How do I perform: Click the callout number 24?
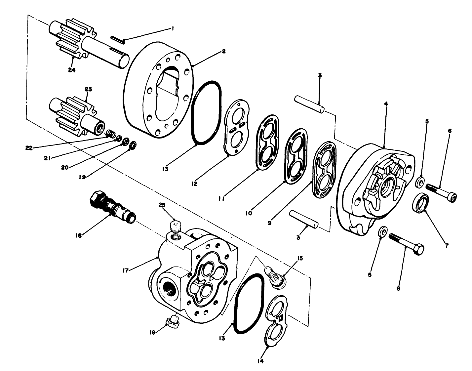[72, 70]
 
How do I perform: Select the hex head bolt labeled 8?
[406, 243]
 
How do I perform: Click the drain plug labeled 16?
[172, 321]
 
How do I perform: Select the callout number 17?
[125, 270]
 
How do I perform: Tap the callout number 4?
[386, 103]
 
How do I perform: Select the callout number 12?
[194, 184]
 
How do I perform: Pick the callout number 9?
[269, 223]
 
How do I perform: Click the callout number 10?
[249, 213]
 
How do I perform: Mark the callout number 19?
[82, 177]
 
